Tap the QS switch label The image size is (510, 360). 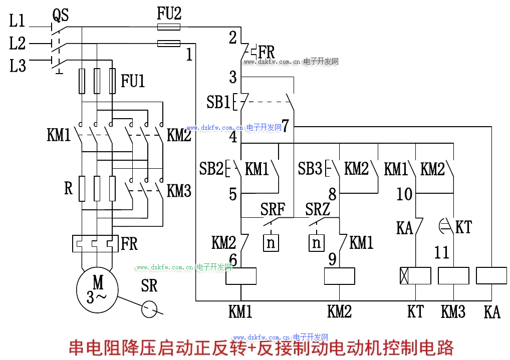pos(60,16)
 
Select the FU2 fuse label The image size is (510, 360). pos(169,14)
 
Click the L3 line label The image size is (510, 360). pos(18,65)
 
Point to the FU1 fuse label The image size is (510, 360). pos(133,81)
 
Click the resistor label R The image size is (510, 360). pos(69,188)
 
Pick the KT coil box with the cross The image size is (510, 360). pos(415,276)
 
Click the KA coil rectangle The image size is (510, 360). pos(492,276)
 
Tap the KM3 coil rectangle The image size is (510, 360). pos(453,276)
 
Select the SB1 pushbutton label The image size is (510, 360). pos(218,102)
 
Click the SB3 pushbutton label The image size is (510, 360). pos(310,169)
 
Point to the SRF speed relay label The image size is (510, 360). pos(273,209)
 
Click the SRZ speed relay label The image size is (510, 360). pos(318,209)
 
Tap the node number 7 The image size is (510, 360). pos(285,126)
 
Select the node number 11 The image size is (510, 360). pos(441,252)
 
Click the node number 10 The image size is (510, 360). pos(404,194)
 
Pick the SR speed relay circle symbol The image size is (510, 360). pos(149,309)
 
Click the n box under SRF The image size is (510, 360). pos(271,243)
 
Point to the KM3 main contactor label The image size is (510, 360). pos(179,191)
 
